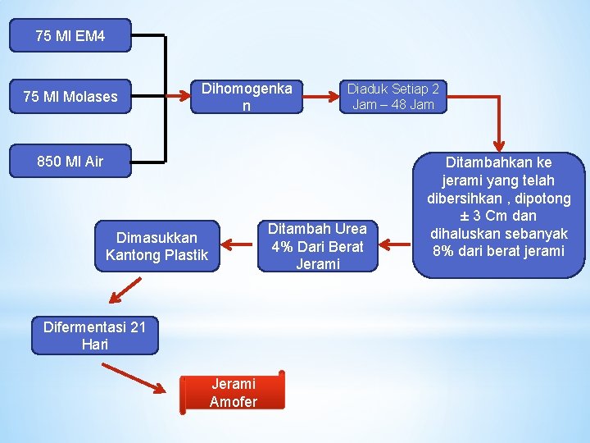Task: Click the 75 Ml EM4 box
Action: coord(70,36)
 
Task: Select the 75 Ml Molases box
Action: coord(70,97)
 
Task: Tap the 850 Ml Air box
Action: coord(70,161)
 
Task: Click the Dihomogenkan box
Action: coord(247,97)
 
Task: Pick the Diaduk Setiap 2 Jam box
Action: coord(393,97)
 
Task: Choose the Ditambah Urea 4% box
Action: coord(317,246)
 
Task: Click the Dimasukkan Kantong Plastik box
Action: coord(157,246)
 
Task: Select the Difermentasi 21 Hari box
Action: coord(94,336)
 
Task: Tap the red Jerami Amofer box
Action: coord(234,392)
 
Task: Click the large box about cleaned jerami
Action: coord(499,215)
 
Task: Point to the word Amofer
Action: coord(234,401)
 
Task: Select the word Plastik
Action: coord(188,255)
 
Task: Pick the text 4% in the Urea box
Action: coord(283,246)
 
